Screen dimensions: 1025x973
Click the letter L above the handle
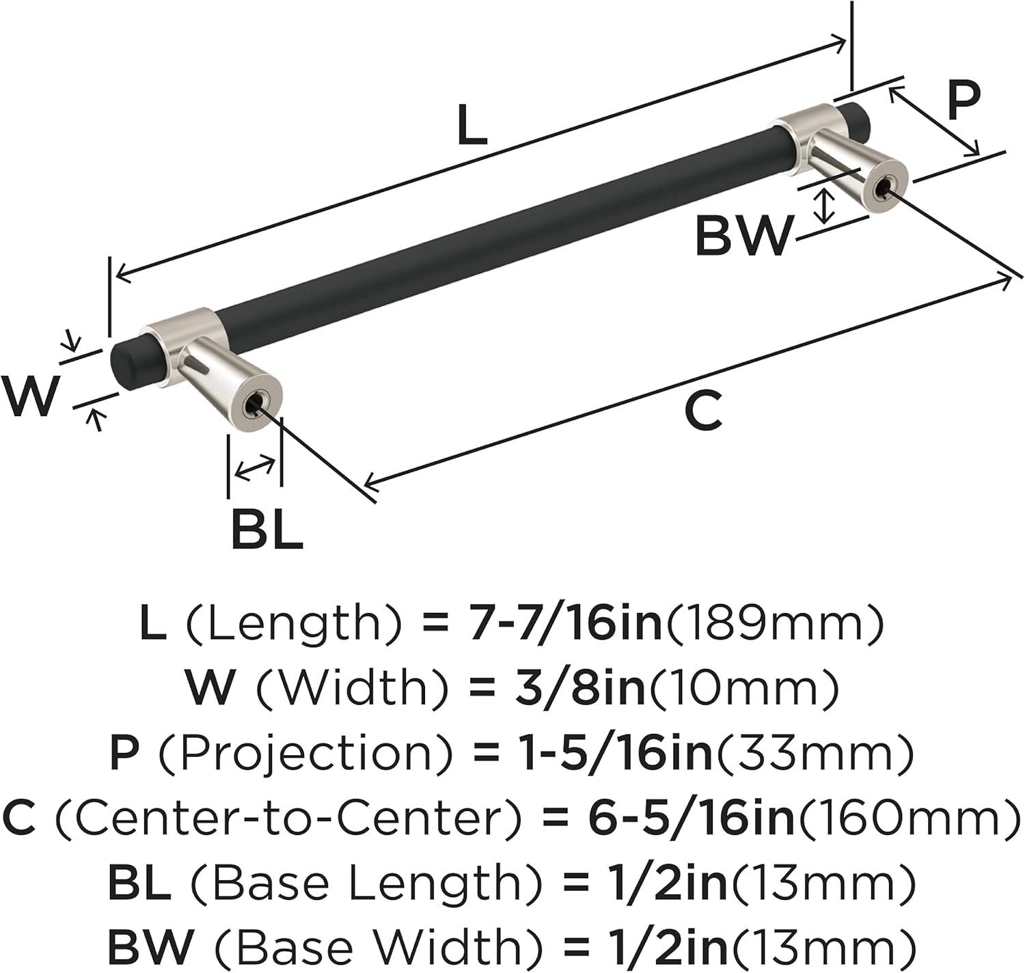tap(472, 124)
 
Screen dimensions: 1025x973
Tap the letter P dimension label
tap(964, 101)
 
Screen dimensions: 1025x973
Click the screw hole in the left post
tap(255, 405)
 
